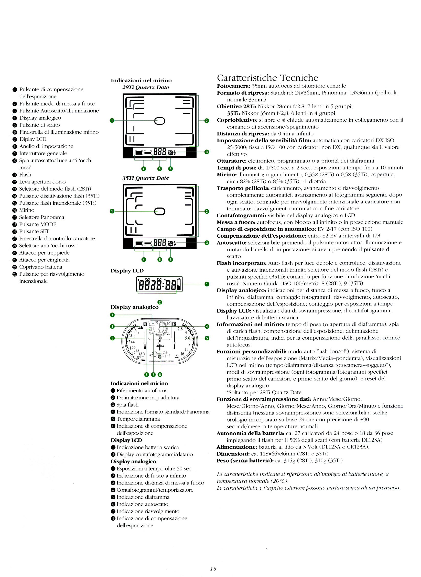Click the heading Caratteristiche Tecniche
click(267, 78)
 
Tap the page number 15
click(213, 569)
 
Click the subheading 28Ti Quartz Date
click(145, 87)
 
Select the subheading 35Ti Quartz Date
click(145, 178)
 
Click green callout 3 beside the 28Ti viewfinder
click(207, 152)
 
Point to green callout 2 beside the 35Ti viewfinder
click(207, 211)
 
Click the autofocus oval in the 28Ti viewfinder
click(160, 121)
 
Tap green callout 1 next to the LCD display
click(207, 284)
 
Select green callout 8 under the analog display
click(160, 375)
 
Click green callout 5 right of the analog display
click(207, 338)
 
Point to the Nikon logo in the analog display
click(160, 346)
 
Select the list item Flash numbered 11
click(25, 175)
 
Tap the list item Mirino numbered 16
click(27, 210)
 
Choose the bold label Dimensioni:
click(233, 454)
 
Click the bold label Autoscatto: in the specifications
click(232, 243)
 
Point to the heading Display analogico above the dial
click(134, 307)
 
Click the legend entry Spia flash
click(127, 405)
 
